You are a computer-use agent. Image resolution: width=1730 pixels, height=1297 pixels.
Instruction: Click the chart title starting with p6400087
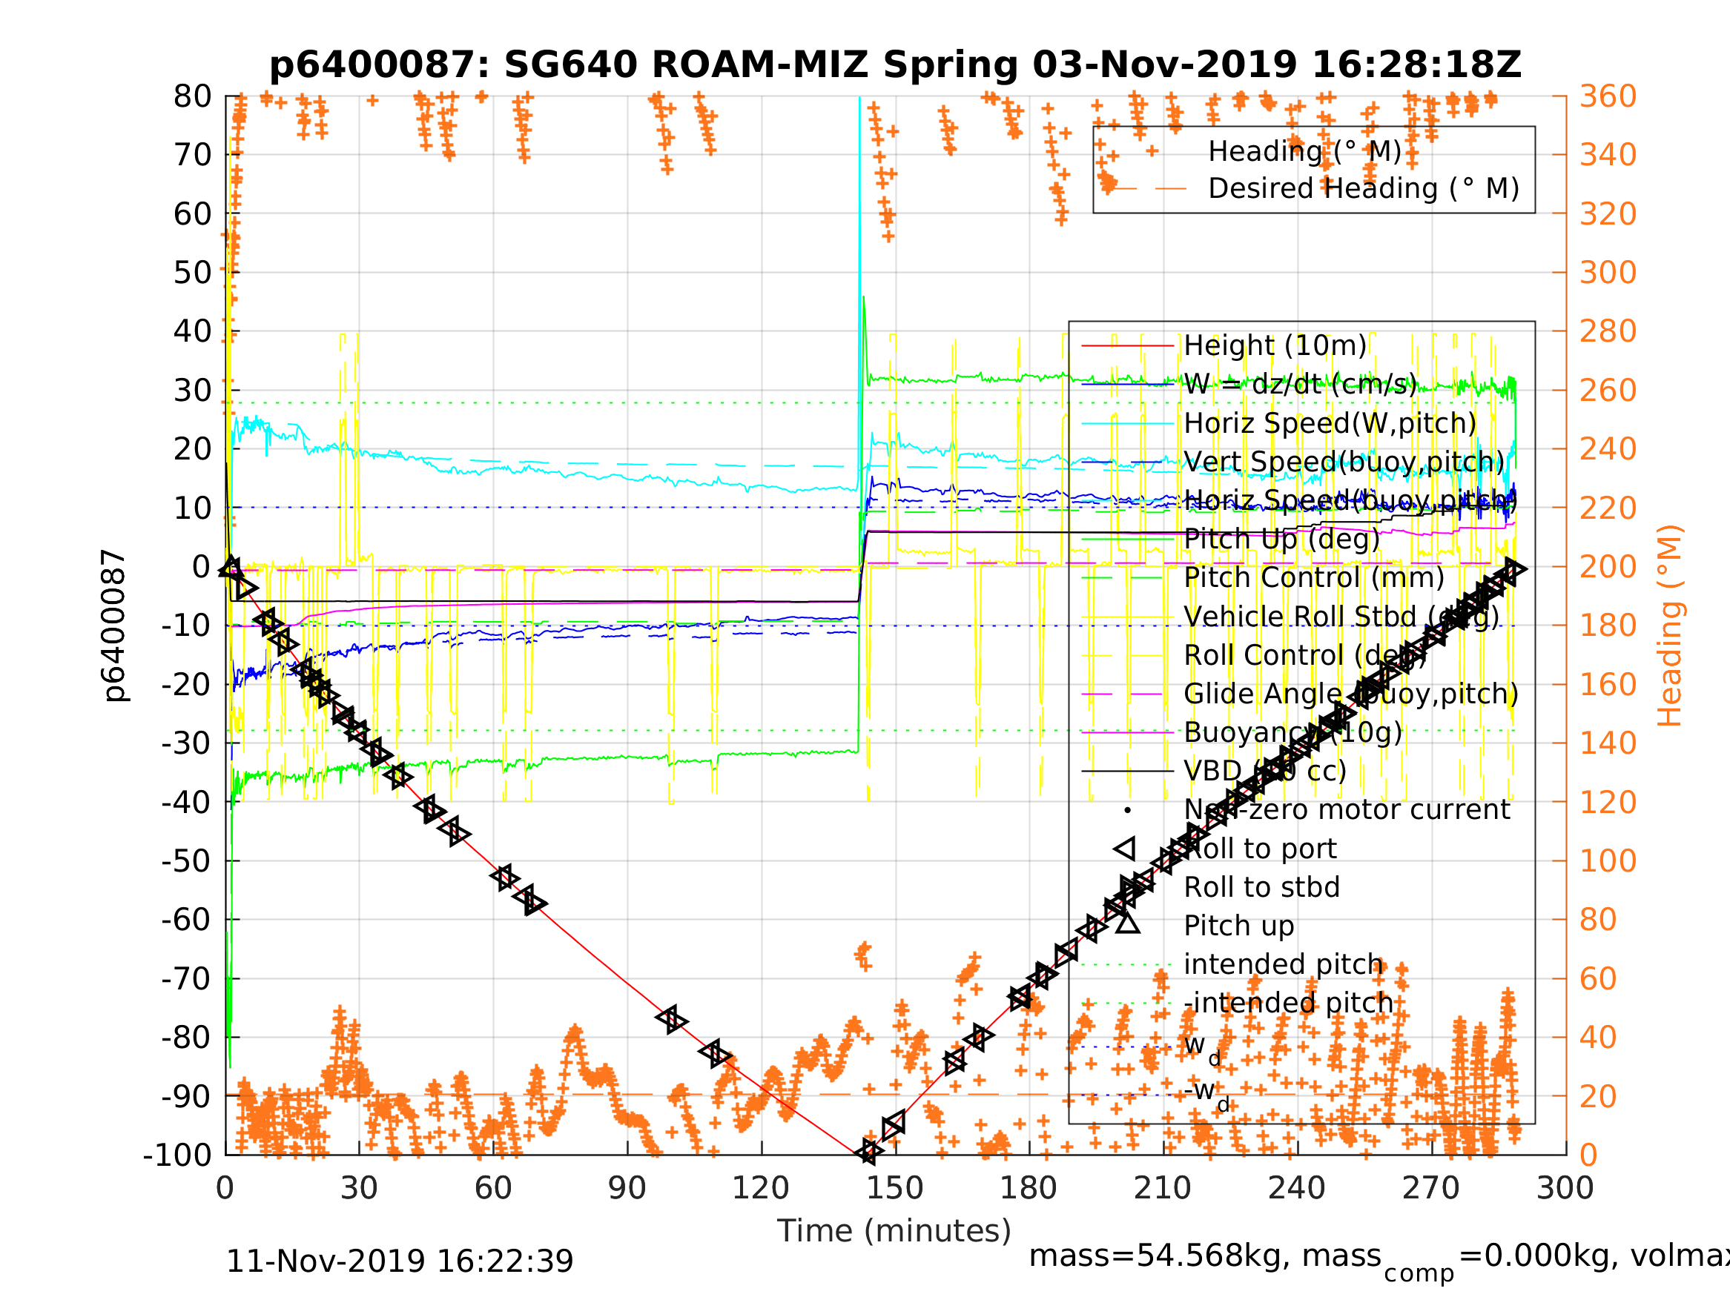(x=895, y=66)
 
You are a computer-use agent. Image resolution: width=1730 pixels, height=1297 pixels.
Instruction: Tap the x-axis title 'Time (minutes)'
(x=894, y=1231)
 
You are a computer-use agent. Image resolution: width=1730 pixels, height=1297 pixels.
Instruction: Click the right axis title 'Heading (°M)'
(x=1669, y=626)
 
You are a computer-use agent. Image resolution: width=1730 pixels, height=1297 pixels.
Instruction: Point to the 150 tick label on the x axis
(x=895, y=1188)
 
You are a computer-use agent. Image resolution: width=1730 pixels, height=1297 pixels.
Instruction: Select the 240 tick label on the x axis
(x=1297, y=1188)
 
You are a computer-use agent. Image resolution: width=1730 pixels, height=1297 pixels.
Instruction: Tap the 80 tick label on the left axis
(x=192, y=97)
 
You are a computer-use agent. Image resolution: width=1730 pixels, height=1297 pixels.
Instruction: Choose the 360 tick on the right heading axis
(x=1608, y=97)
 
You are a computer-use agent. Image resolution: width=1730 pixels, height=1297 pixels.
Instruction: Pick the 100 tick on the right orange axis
(x=1608, y=860)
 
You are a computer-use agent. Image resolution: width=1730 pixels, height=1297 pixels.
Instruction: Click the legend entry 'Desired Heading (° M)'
(x=1363, y=188)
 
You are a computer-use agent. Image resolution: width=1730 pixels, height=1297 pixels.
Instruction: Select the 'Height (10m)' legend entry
(x=1275, y=345)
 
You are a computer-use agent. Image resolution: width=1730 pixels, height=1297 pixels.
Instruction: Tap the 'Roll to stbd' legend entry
(x=1261, y=887)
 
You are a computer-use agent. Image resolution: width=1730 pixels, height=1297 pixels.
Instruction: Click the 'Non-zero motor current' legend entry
(x=1347, y=810)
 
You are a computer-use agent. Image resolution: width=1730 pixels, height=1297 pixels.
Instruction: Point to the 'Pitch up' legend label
(x=1239, y=926)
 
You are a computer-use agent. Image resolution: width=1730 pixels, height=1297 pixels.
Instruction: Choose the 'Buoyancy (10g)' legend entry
(x=1292, y=732)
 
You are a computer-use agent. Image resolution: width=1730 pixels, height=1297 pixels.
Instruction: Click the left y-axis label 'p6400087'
(x=114, y=626)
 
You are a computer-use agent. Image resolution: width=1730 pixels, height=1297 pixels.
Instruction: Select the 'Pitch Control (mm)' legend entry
(x=1314, y=578)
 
